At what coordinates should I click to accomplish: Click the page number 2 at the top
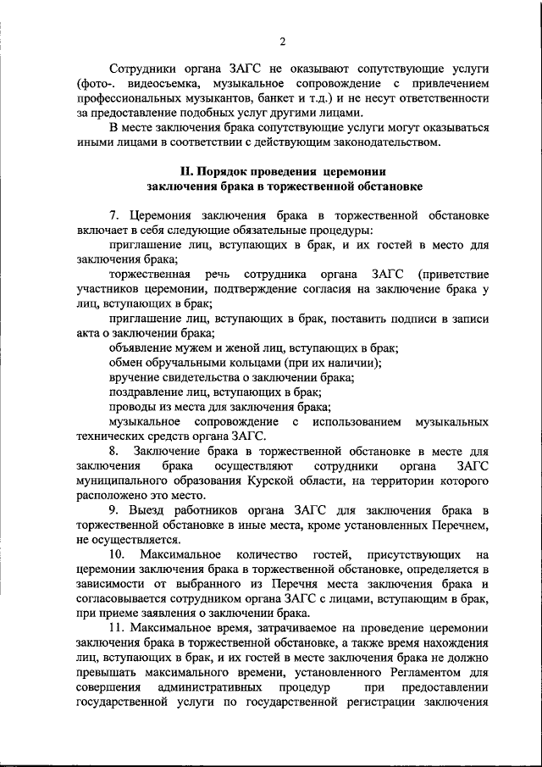pos(283,41)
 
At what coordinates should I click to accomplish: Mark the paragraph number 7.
pos(116,214)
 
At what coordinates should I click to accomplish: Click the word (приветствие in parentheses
pos(453,274)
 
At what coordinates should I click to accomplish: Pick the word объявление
pos(141,347)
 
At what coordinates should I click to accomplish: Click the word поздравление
pos(148,392)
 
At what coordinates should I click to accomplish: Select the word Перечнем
pos(458,525)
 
